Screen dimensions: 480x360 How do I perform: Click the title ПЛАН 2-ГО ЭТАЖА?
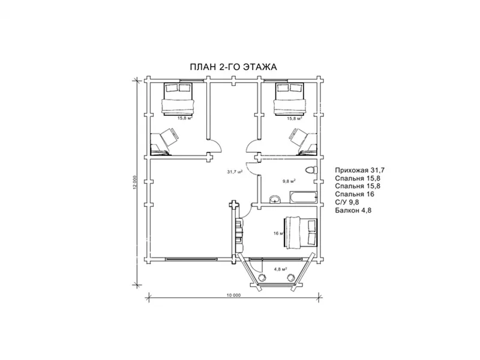pos(233,67)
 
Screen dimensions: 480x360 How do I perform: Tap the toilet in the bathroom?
pos(311,170)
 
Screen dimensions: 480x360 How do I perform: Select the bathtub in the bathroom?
pos(304,197)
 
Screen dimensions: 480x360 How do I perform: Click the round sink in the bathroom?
pos(275,200)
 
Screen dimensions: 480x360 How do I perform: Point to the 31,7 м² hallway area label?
pos(235,172)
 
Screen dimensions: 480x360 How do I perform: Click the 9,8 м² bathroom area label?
pos(289,181)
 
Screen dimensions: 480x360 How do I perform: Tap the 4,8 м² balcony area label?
pos(280,269)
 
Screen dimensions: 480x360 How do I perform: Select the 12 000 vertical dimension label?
pos(135,182)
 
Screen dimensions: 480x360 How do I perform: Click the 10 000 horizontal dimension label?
pos(233,295)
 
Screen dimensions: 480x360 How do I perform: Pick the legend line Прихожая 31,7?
pos(359,170)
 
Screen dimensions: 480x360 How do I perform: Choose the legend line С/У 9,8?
pos(347,202)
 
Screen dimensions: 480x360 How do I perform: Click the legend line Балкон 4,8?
pos(353,210)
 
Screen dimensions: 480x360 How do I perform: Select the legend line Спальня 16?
pos(355,194)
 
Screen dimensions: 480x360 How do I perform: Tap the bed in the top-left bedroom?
pos(178,98)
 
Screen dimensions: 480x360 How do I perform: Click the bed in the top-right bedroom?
pos(289,98)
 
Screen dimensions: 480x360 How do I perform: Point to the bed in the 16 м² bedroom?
pos(301,233)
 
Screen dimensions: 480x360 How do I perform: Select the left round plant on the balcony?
pos(262,277)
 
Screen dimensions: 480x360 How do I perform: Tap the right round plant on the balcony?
pos(290,277)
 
